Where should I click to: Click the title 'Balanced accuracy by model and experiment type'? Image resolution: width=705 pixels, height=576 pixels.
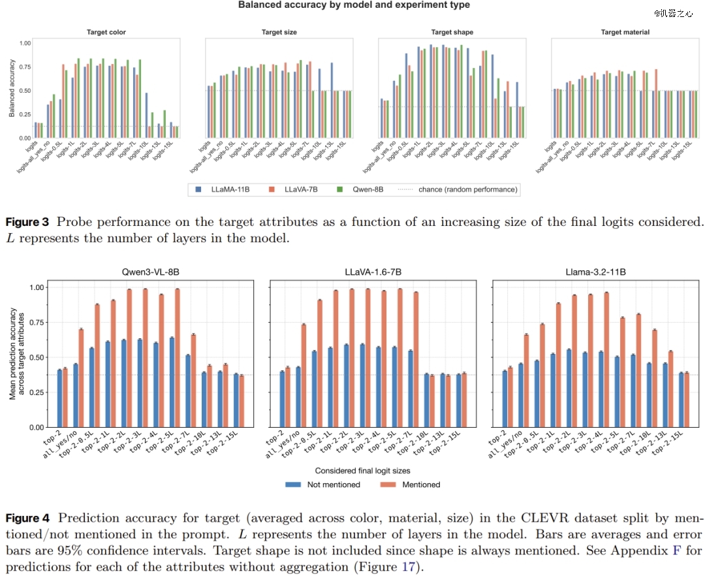tap(353, 5)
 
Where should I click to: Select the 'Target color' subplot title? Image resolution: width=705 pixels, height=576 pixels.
tap(106, 32)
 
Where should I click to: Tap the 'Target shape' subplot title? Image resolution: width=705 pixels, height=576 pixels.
tap(452, 32)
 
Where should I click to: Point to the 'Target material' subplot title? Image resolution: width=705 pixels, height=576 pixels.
tap(625, 32)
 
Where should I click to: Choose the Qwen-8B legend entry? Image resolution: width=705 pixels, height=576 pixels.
tap(365, 189)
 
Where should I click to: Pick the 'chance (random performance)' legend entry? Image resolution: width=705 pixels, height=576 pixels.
tap(460, 189)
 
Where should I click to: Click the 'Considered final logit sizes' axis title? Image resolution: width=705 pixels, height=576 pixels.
tap(363, 470)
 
